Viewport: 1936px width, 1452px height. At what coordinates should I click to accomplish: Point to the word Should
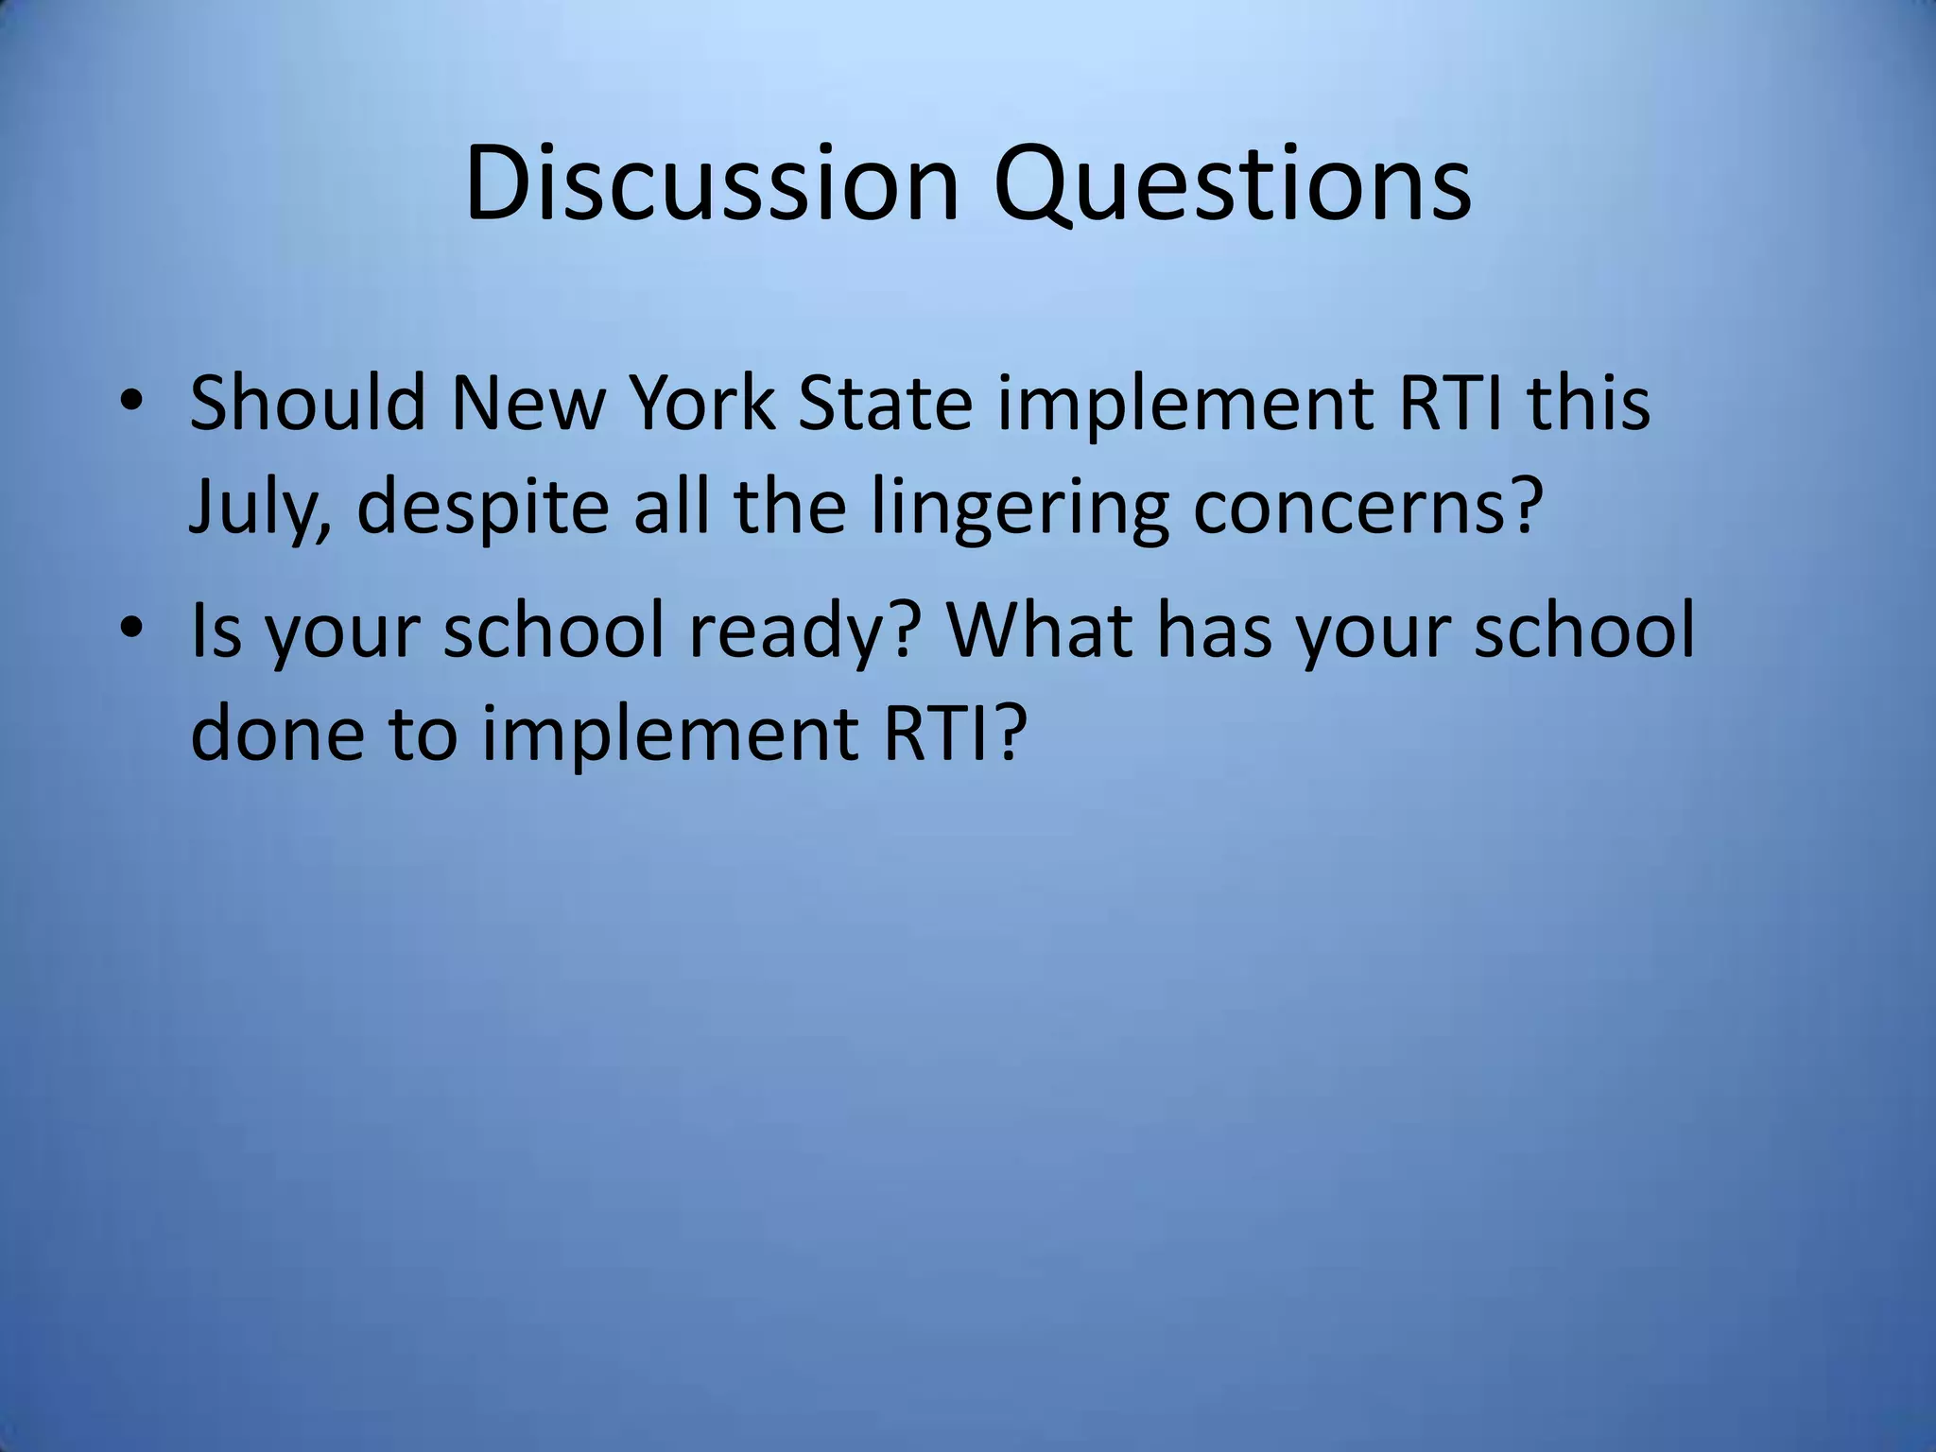(307, 402)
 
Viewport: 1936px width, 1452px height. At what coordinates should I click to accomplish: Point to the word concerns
(1360, 508)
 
